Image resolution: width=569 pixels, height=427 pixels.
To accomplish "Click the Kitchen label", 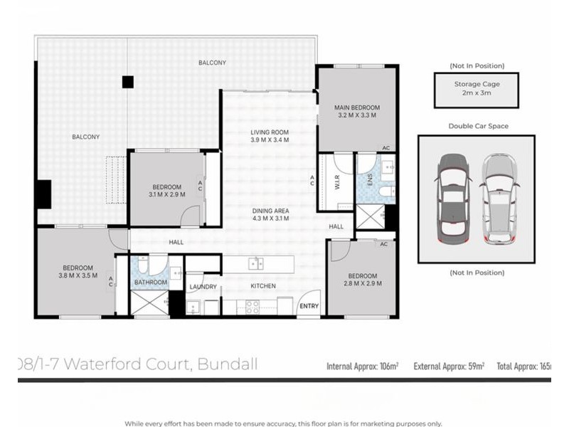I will point(262,286).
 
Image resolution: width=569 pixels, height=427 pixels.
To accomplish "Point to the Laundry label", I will point(203,287).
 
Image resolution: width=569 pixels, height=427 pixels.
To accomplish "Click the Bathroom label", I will point(151,283).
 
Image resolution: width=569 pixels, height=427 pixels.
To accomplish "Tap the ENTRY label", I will point(309,307).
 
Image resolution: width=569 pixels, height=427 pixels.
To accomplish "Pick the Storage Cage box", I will point(477,88).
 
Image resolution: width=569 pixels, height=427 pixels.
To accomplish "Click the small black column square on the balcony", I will point(127,82).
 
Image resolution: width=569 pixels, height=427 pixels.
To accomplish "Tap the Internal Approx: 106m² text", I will point(362,367).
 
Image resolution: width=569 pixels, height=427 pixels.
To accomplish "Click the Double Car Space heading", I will point(478,126).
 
